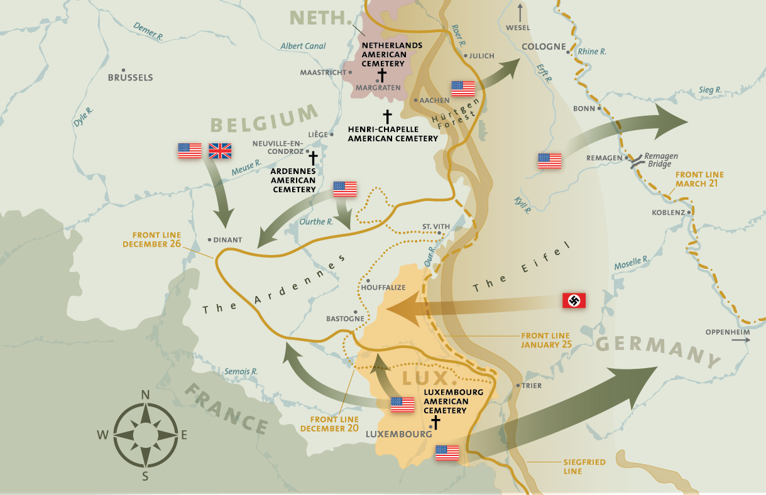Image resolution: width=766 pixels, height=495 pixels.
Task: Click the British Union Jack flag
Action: click(x=220, y=151)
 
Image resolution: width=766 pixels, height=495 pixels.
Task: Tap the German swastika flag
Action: click(x=574, y=301)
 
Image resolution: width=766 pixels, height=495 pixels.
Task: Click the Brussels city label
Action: click(x=131, y=78)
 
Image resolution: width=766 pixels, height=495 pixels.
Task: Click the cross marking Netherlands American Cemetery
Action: click(x=381, y=75)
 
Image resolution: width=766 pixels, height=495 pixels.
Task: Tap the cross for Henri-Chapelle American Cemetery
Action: click(x=387, y=116)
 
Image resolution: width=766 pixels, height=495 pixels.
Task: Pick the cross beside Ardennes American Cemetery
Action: click(x=312, y=158)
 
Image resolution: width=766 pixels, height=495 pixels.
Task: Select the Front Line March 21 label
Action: click(x=699, y=180)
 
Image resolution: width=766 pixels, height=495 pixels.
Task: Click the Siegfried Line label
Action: click(x=586, y=466)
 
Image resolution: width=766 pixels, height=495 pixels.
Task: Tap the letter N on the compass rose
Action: click(x=145, y=394)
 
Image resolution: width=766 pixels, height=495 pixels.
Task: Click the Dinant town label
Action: click(x=227, y=240)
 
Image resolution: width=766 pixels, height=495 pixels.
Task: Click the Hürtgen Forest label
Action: click(x=456, y=113)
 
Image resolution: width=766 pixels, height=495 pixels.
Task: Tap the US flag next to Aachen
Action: click(x=463, y=89)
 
